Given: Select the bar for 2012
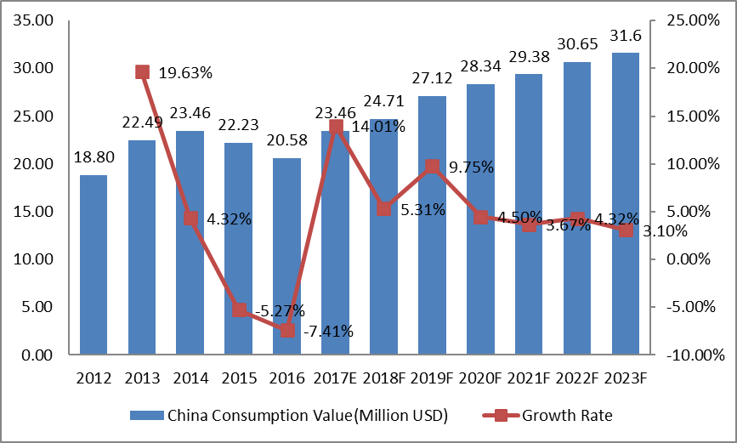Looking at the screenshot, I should click(x=94, y=264).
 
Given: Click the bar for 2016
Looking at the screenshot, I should click(x=287, y=255).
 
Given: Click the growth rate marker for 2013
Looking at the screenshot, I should click(x=143, y=72).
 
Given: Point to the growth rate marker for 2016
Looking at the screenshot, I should click(x=287, y=330).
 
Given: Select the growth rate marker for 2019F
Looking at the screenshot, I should click(x=433, y=167).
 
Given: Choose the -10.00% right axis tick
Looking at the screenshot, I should click(x=688, y=355).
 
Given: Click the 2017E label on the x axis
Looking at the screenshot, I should click(x=336, y=377).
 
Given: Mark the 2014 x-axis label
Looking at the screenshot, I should click(x=191, y=377).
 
